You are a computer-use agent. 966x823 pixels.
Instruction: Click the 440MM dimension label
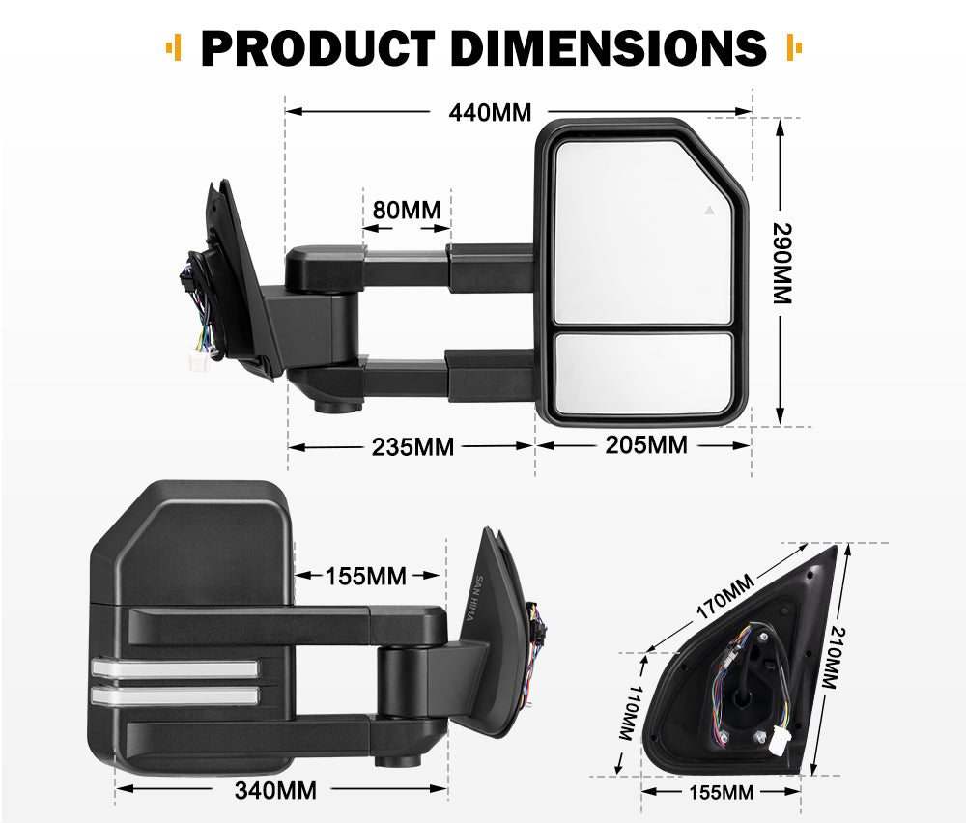pos(490,113)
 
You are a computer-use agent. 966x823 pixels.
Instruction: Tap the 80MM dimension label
pos(406,209)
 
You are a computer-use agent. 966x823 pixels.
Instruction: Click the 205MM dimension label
pos(646,445)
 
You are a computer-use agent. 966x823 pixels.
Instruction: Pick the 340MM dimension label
pos(275,791)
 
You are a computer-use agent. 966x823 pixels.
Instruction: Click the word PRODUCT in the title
pos(316,47)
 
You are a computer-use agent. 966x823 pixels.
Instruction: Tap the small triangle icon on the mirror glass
pos(709,209)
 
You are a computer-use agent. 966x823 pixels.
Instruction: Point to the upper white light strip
pos(175,667)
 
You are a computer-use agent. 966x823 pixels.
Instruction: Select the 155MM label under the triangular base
pos(723,793)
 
